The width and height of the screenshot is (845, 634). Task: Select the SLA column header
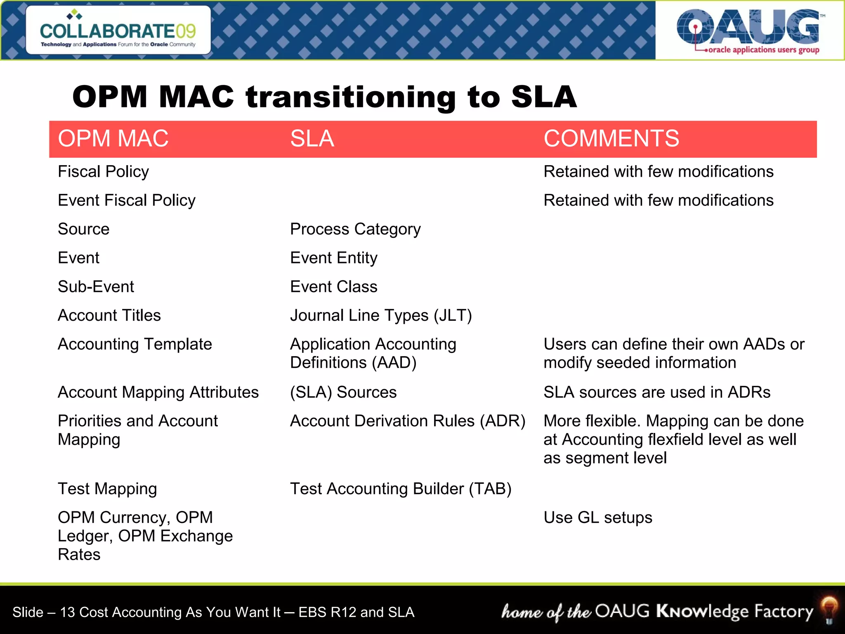[312, 138]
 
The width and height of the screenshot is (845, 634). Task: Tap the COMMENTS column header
[611, 138]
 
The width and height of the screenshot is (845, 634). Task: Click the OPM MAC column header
[113, 138]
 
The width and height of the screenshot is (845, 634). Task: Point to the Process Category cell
[355, 229]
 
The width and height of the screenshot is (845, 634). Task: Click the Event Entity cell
[333, 258]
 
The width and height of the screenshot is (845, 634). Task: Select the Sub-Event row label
[96, 286]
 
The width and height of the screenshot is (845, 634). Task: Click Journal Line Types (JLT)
[381, 315]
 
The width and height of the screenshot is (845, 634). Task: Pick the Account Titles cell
[109, 315]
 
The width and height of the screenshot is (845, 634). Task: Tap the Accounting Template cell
[135, 344]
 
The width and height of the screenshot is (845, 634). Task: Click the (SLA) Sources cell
[343, 392]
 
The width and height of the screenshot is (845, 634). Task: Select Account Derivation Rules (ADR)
[407, 421]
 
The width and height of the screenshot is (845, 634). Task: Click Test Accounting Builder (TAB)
[400, 489]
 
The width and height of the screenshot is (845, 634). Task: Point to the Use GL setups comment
[598, 518]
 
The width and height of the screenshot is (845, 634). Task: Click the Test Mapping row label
[107, 489]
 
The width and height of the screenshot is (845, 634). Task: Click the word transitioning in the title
[351, 97]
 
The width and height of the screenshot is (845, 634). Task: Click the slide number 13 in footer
[68, 612]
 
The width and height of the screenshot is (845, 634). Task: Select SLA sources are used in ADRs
[657, 392]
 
